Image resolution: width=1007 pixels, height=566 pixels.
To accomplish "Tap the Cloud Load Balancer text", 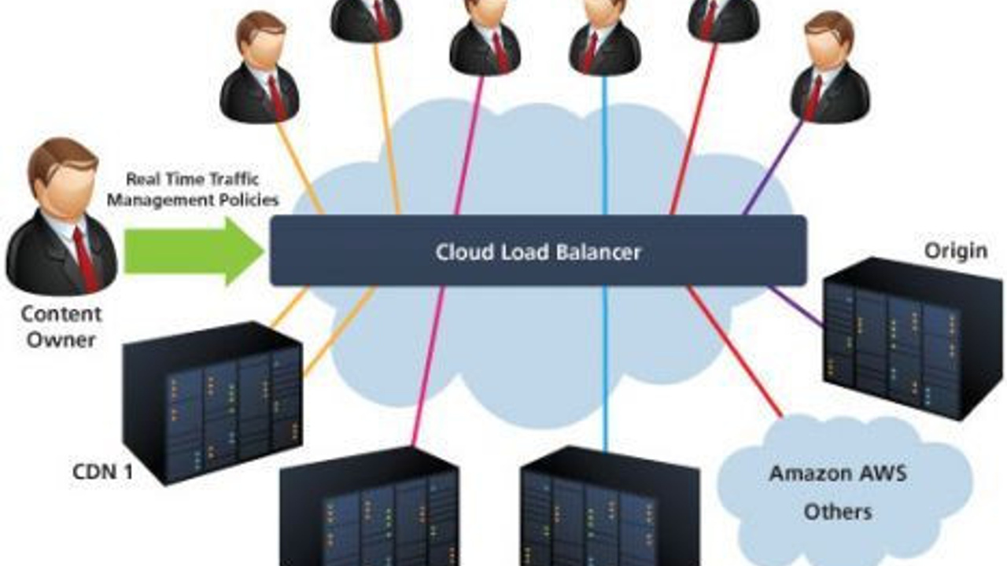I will [538, 252].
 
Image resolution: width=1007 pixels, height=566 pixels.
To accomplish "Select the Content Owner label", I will [61, 327].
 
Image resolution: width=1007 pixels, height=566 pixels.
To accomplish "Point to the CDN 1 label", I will [102, 473].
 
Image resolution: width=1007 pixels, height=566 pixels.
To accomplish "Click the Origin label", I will [955, 251].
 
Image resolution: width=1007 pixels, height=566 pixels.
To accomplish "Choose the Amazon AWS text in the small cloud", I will [837, 474].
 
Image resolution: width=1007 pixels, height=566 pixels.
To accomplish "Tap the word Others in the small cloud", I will [837, 512].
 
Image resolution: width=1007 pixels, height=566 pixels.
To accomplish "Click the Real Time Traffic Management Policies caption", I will [193, 189].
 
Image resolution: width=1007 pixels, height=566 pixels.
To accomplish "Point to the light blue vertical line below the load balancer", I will [606, 362].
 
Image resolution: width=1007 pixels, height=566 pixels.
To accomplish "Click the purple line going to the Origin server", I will [796, 307].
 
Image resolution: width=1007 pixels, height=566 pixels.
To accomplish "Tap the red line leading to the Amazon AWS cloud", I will [736, 351].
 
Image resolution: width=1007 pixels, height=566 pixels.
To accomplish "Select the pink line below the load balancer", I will [427, 362].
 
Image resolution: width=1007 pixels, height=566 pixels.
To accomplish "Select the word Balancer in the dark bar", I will [602, 252].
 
